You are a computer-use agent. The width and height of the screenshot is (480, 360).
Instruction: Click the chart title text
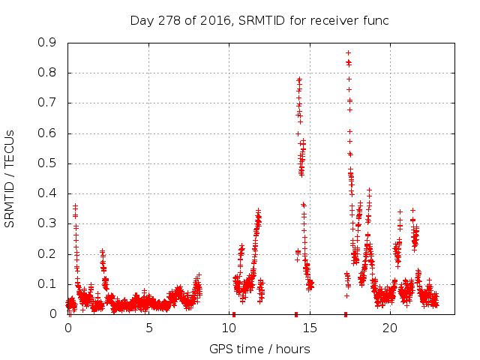click(259, 20)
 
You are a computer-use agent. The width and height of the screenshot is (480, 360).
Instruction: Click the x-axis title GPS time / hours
click(259, 349)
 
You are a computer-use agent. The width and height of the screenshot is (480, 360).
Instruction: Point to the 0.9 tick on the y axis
click(47, 43)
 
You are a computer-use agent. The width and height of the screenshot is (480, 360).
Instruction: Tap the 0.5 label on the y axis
click(47, 163)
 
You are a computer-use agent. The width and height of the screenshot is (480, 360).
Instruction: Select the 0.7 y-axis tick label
click(47, 103)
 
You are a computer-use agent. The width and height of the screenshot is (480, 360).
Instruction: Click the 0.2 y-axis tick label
click(47, 253)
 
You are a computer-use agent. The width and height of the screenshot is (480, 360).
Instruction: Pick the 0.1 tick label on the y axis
click(47, 284)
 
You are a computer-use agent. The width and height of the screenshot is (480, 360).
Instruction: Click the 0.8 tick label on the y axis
click(47, 73)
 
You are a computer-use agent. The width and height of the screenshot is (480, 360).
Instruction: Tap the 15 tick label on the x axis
click(309, 328)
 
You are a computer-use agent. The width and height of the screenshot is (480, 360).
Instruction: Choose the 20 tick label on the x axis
click(389, 328)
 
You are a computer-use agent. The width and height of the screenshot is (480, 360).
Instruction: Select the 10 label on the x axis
click(229, 328)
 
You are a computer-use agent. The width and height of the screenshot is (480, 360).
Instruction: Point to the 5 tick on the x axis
click(148, 328)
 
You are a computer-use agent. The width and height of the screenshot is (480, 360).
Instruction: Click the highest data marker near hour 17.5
click(348, 52)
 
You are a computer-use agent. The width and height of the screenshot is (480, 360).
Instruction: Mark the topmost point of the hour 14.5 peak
click(299, 78)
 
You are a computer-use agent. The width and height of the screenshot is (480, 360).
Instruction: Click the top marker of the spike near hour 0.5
click(75, 205)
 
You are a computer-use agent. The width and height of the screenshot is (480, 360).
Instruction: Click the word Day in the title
click(142, 20)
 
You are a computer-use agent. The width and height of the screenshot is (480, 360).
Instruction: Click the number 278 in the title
click(171, 20)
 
